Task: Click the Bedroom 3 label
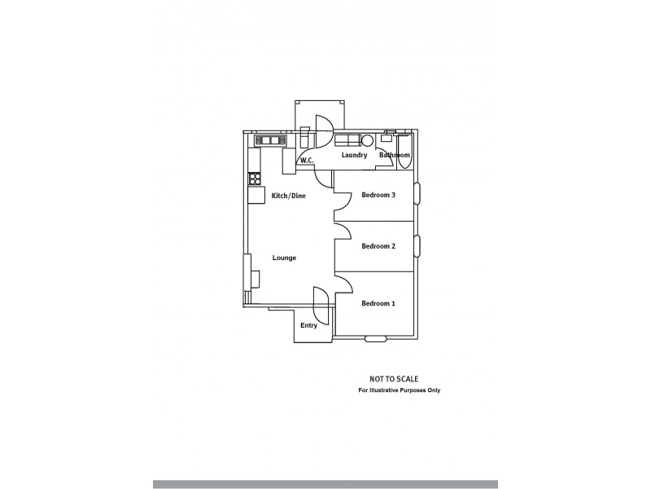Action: coord(378,195)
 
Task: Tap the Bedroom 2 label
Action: coord(378,246)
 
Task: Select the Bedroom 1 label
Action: coord(378,304)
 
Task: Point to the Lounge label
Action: coord(284,258)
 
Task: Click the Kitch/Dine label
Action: coord(288,196)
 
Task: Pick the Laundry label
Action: coord(354,155)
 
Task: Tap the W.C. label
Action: coord(307,161)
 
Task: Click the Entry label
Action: coord(308,325)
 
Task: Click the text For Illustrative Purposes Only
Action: coord(400,390)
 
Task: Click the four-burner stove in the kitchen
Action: coord(254,178)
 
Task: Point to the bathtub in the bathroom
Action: coord(404,151)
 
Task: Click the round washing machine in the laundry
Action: coord(367,139)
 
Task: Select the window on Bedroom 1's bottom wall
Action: coord(376,338)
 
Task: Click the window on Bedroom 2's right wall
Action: coord(417,244)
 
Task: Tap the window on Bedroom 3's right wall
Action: coord(417,193)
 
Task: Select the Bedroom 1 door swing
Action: coord(343,282)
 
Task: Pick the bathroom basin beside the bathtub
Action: coord(387,139)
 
